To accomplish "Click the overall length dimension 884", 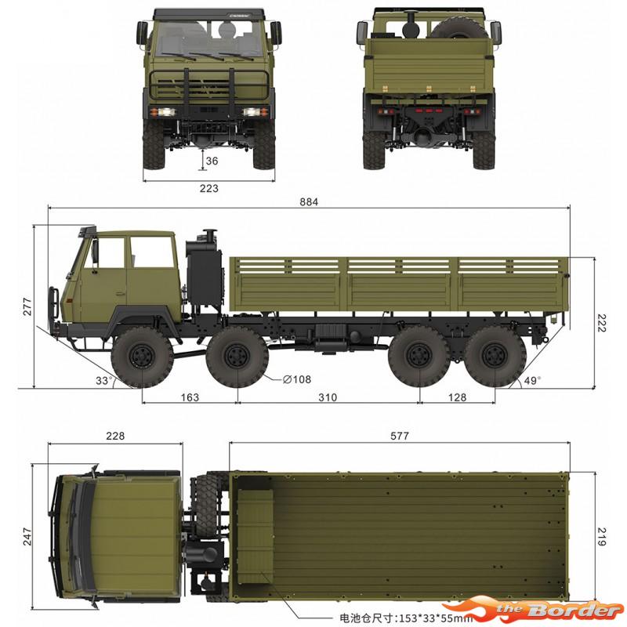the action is (309, 202).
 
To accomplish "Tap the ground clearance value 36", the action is (212, 161).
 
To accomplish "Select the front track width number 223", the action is (209, 188).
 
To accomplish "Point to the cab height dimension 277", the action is (27, 306).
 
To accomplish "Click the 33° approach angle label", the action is (103, 380).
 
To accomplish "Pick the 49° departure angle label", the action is (532, 380).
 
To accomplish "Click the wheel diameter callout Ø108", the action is (297, 379).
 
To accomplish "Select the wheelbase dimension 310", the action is (328, 397).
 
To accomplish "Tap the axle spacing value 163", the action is (190, 397).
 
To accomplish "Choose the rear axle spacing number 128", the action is (457, 397).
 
